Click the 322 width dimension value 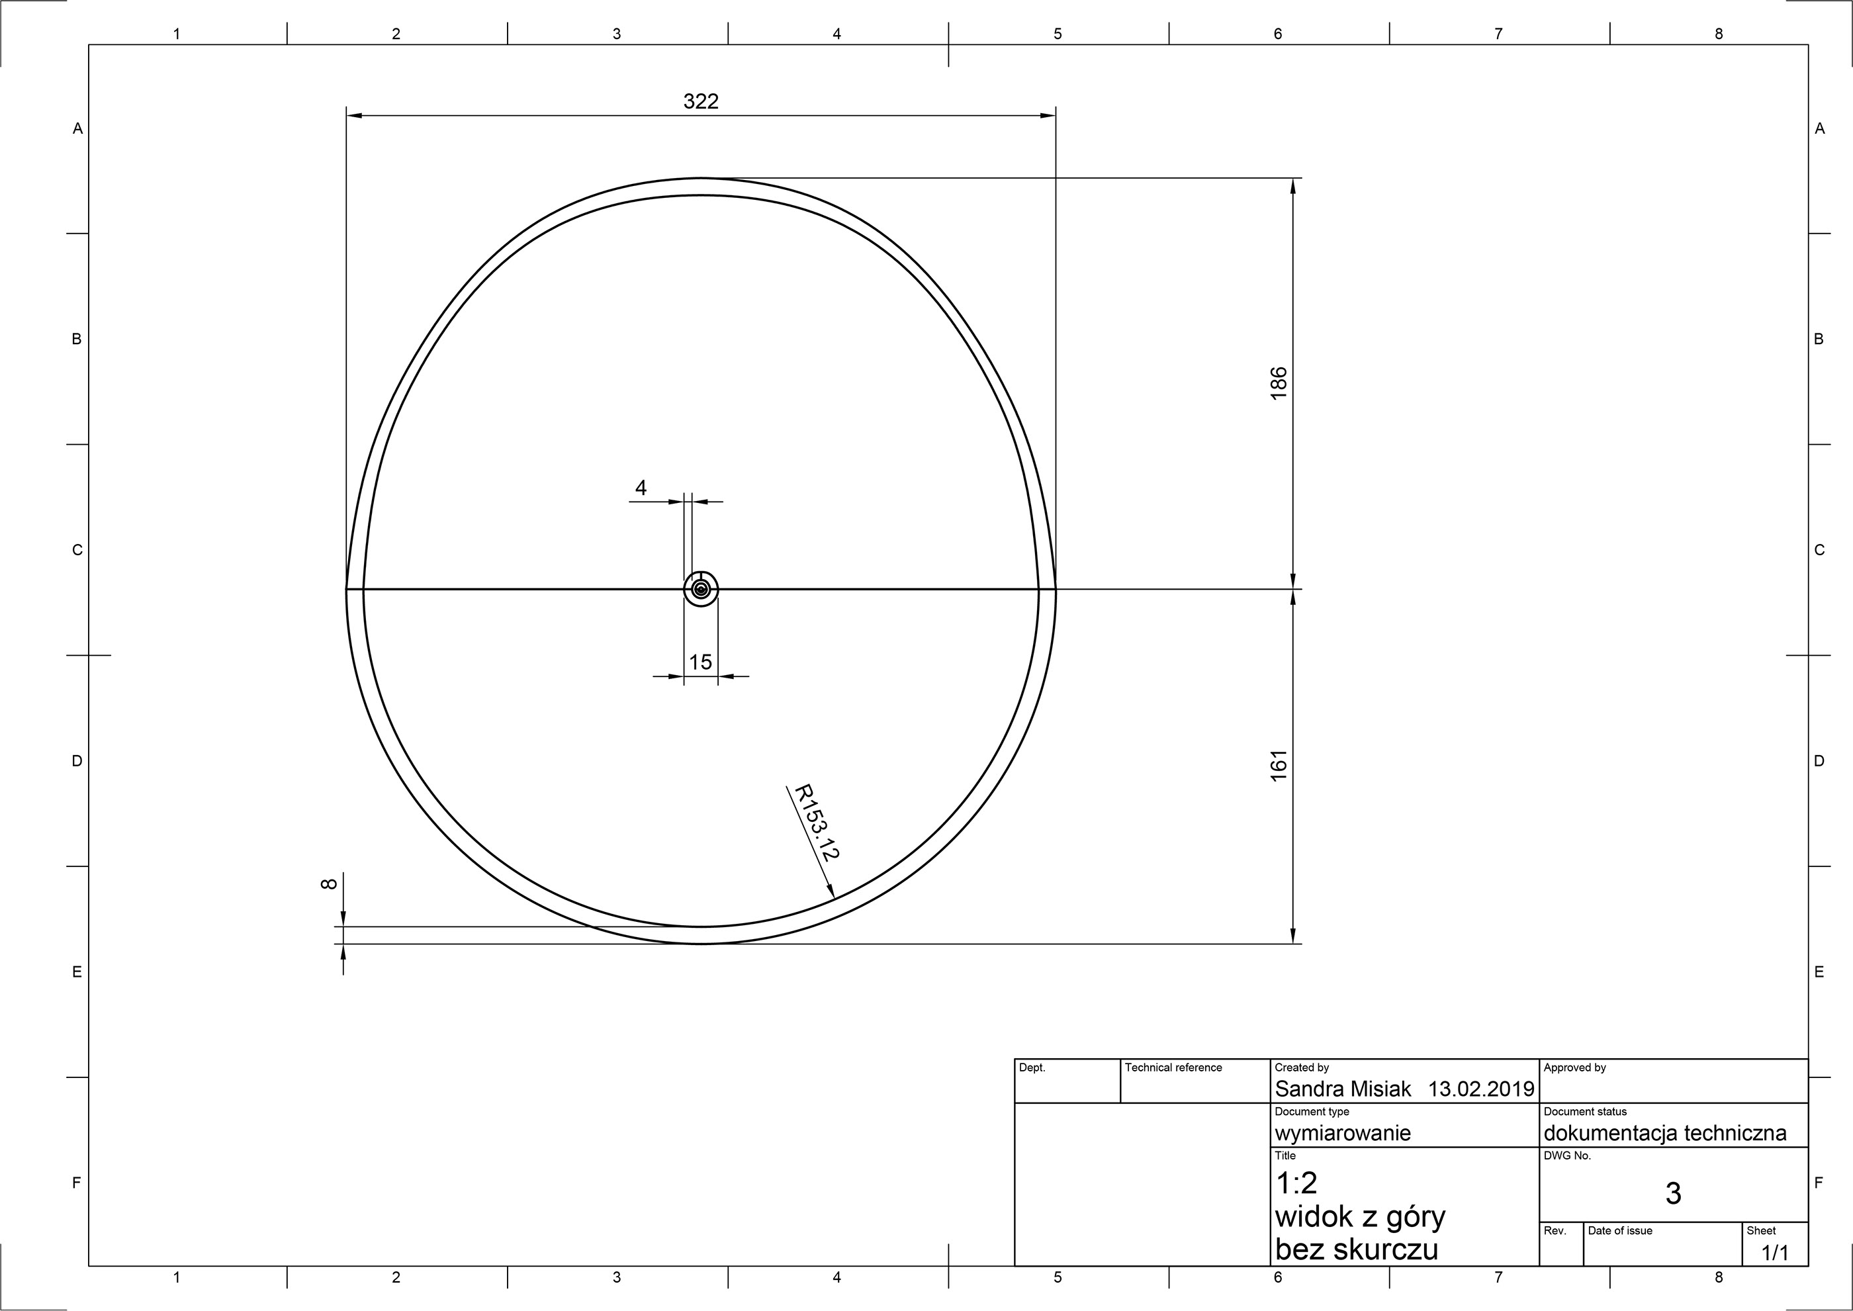point(701,102)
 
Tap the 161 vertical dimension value point(1279,765)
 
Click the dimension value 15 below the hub point(701,662)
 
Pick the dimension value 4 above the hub point(641,488)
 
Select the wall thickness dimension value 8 point(328,884)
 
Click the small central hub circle point(701,589)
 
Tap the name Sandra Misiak point(1343,1089)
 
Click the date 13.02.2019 point(1481,1089)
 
